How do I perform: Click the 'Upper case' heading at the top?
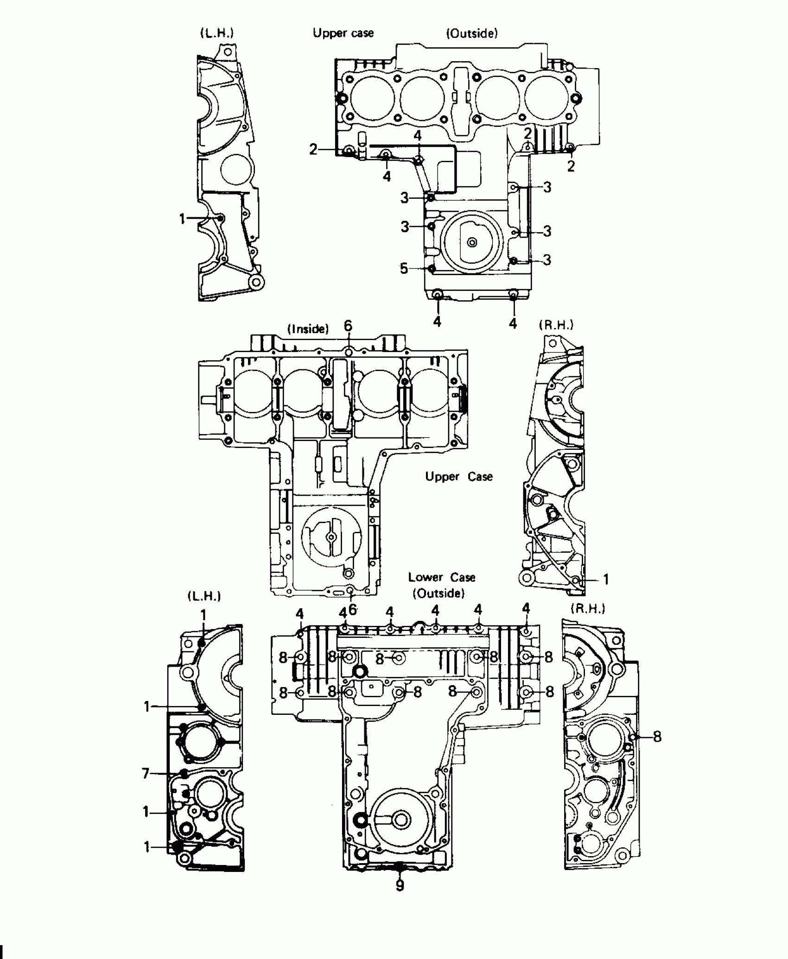click(343, 33)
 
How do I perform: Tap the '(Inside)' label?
click(308, 329)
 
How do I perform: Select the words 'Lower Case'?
click(441, 577)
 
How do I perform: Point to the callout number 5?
click(404, 268)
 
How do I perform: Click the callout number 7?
click(146, 773)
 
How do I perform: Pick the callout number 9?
click(400, 885)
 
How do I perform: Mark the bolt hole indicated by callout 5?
click(432, 268)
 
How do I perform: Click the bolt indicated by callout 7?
click(184, 773)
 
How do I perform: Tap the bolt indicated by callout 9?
click(400, 865)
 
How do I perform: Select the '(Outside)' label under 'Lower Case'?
click(438, 593)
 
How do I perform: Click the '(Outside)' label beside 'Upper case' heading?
click(472, 33)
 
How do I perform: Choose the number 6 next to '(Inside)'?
click(348, 326)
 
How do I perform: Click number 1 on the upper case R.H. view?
click(605, 579)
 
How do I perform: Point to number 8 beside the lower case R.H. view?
click(657, 737)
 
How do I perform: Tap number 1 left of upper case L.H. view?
click(183, 219)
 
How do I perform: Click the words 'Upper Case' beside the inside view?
click(459, 477)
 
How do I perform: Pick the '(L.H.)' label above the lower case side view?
click(204, 596)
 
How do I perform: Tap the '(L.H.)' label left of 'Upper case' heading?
click(216, 33)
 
